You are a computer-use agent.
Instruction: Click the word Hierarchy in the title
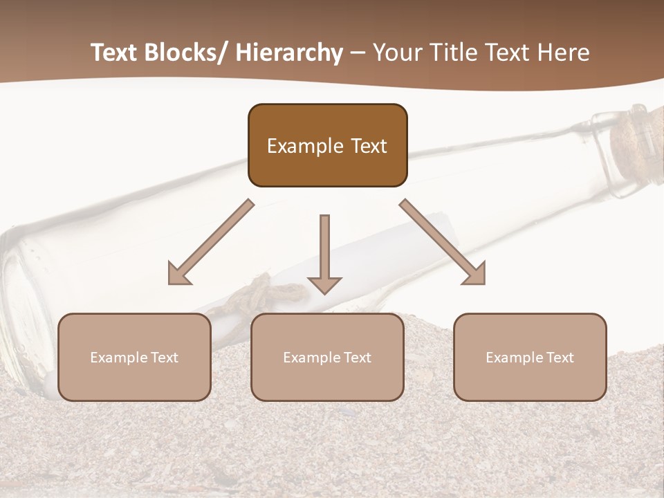[289, 53]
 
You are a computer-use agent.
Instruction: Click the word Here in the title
[564, 53]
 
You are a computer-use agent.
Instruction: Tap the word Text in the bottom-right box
[559, 358]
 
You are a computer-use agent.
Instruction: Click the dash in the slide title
[358, 53]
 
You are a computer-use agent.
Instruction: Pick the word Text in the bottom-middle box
[356, 358]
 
